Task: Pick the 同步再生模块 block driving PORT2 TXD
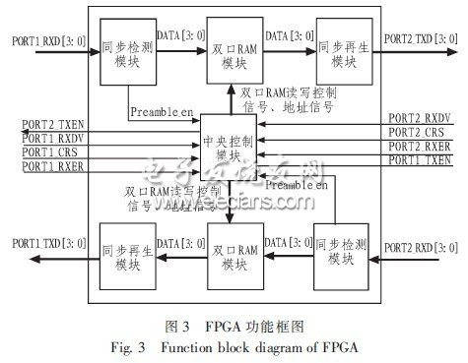[342, 53]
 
